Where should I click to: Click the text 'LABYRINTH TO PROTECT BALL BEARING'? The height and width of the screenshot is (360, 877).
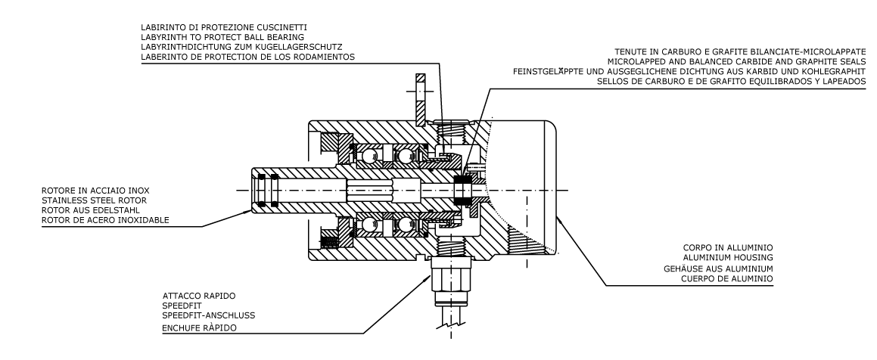[x=222, y=37]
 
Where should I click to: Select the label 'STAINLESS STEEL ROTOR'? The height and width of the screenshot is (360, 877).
[x=94, y=200]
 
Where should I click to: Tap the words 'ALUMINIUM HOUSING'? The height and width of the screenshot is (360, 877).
[x=728, y=258]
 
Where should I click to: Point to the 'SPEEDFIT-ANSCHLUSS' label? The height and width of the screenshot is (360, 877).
[x=209, y=315]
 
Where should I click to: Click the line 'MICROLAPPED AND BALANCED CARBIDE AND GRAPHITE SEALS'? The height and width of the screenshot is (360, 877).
[x=736, y=61]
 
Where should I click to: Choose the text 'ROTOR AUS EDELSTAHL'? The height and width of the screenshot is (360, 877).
[x=91, y=210]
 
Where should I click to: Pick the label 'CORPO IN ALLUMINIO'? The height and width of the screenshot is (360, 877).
[x=728, y=247]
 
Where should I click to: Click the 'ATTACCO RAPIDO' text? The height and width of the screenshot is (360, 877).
[x=199, y=296]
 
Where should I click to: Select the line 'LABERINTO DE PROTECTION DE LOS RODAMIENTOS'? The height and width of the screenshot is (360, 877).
[x=247, y=57]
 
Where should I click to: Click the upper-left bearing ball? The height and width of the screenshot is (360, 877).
[x=369, y=156]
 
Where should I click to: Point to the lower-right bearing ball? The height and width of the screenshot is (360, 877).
[x=403, y=225]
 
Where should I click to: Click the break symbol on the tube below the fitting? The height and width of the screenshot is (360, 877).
[x=451, y=321]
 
